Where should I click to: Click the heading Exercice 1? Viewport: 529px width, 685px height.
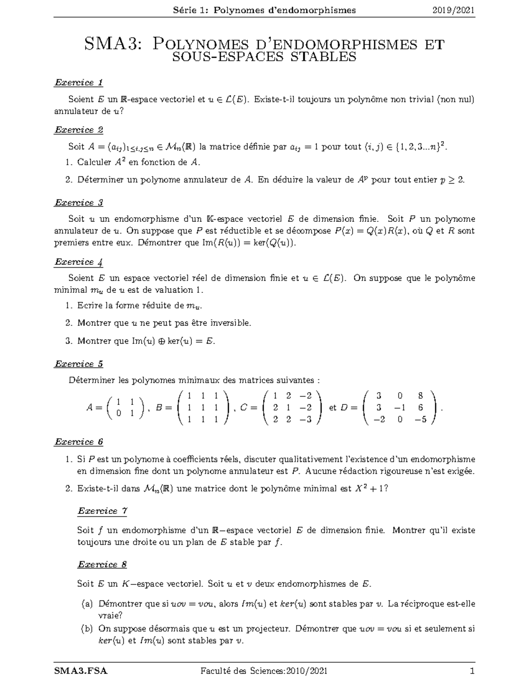coord(78,82)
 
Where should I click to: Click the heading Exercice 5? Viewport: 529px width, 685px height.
coord(78,364)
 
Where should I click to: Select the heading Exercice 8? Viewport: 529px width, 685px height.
coord(102,565)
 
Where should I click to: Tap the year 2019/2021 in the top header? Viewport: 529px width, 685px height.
coord(454,10)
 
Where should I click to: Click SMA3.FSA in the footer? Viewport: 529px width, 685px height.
coord(81,672)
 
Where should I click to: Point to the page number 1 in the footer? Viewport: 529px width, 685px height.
coord(472,672)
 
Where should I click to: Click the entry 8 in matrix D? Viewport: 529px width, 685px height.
coord(421,396)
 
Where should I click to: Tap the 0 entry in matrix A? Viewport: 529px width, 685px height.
coord(119,413)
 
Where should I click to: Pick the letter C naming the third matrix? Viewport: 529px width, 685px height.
coord(243,408)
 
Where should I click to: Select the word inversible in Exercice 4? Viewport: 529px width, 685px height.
coord(229,323)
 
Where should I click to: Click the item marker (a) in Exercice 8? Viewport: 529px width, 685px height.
coord(87,604)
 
